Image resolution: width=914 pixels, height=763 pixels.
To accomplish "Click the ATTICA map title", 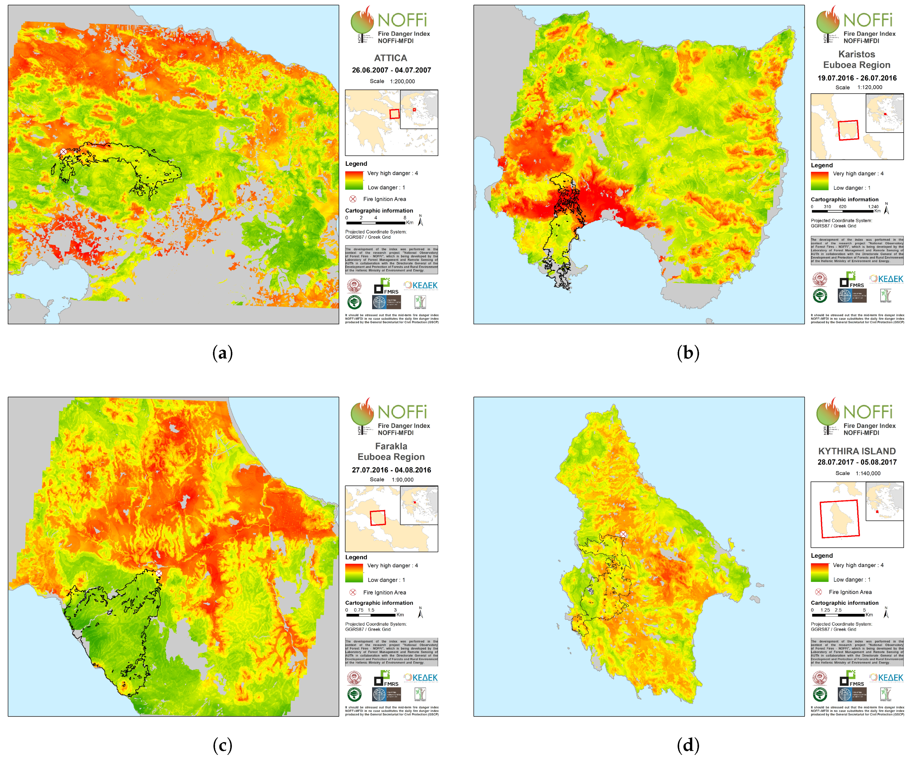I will point(390,58).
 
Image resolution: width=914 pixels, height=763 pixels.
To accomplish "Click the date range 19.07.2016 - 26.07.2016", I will point(857,78).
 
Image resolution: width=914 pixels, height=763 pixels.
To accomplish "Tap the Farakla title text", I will point(391,446).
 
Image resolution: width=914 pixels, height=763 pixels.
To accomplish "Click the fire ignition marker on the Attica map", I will point(64,152).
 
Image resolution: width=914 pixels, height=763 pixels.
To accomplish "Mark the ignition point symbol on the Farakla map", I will point(159,573).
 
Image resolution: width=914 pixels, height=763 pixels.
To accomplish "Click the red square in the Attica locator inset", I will point(394,114).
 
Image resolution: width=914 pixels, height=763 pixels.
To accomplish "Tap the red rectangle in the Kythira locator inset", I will point(840,519).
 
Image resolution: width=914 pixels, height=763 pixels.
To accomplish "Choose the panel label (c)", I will point(222,745).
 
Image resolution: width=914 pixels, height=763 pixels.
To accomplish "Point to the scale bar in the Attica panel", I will point(376,222).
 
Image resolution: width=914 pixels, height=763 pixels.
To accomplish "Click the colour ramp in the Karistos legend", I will point(819,181).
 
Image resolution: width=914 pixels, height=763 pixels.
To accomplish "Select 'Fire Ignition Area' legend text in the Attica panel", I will point(384,199).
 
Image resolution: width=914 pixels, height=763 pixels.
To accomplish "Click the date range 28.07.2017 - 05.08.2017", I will point(857,462).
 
